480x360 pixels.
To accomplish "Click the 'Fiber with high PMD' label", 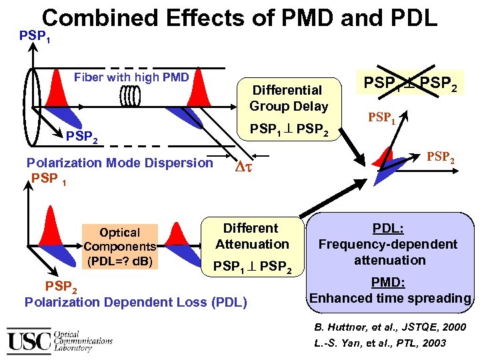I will pyautogui.click(x=131, y=77).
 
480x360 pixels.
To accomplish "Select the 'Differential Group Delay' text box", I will pyautogui.click(x=289, y=98).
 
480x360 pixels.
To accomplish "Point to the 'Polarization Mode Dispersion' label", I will pyautogui.click(x=119, y=163).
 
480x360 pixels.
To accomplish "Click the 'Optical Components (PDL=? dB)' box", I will pyautogui.click(x=120, y=247).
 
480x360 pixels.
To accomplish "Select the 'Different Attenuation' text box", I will pyautogui.click(x=251, y=236).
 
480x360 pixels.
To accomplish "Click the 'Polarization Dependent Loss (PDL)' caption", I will pyautogui.click(x=135, y=302).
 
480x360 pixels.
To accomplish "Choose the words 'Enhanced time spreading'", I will pyautogui.click(x=390, y=298).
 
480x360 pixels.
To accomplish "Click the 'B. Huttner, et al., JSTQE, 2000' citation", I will pyautogui.click(x=391, y=327).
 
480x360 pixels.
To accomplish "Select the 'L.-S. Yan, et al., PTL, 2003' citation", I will pyautogui.click(x=380, y=343).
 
